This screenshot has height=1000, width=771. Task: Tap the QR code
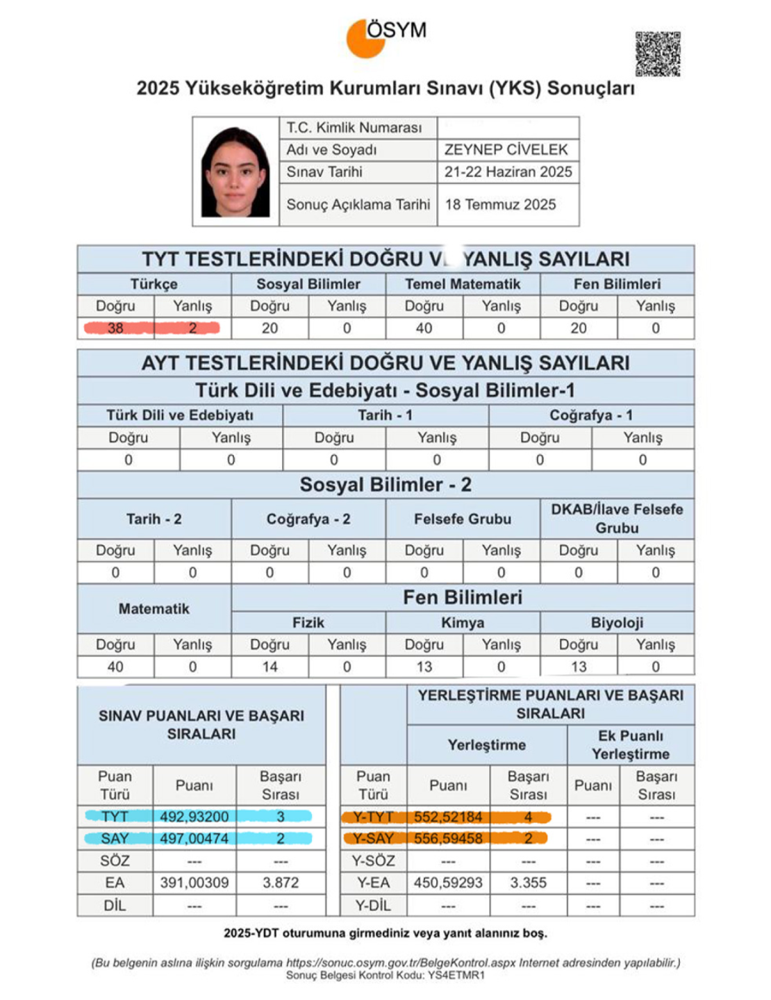point(657,53)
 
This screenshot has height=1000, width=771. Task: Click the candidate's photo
point(235,172)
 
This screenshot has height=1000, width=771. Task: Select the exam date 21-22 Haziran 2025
point(508,172)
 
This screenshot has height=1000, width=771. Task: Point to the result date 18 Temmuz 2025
point(500,204)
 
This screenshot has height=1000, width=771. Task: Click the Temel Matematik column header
point(463,284)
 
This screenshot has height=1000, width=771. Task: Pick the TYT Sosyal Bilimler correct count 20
point(270,328)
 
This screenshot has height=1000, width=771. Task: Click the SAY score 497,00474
point(194,839)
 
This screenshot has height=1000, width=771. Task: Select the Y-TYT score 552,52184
point(448,817)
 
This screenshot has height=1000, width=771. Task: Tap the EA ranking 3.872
point(281,883)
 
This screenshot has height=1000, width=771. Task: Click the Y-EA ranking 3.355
point(528,883)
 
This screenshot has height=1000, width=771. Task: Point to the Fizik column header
point(308,623)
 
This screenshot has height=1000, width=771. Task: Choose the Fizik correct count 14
point(270,667)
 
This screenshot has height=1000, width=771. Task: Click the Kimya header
point(463,623)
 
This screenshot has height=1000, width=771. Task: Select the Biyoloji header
point(617,623)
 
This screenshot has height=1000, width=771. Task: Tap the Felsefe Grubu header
point(463,519)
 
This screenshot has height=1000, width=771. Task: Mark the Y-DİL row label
point(373,906)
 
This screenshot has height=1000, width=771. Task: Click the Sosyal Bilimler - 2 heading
point(385,485)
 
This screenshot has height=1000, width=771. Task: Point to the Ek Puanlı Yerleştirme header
point(631,745)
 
